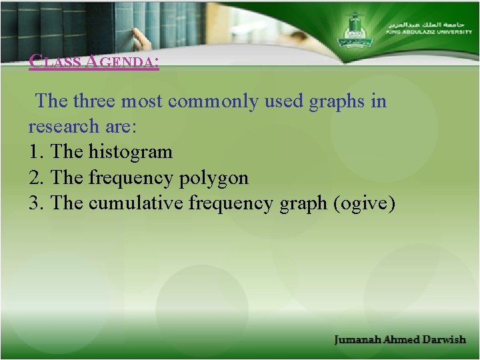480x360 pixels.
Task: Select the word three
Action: click(96, 101)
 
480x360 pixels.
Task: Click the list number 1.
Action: click(35, 152)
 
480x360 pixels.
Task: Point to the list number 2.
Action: click(35, 177)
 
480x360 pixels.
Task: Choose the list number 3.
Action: click(35, 203)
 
